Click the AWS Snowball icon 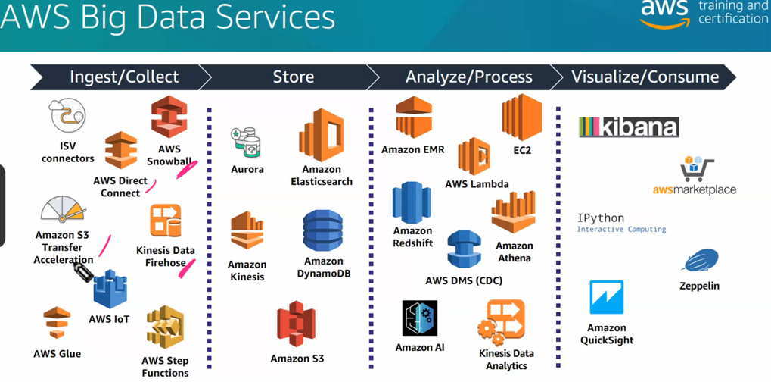coord(169,117)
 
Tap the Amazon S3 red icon coord(296,324)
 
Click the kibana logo coord(629,127)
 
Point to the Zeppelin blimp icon coord(700,261)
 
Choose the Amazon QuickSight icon coord(606,297)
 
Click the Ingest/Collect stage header coord(123,77)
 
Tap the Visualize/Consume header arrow coord(645,77)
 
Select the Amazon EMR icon coord(413,117)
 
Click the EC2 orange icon coord(522,117)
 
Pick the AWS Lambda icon coord(474,156)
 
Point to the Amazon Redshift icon coord(412,202)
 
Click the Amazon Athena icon coord(514,213)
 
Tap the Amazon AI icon coord(420,319)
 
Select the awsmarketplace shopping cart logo coord(697,170)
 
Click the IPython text coord(601,218)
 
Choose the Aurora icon coord(247,142)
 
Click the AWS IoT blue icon coord(110,290)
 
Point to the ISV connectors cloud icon coord(67,116)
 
